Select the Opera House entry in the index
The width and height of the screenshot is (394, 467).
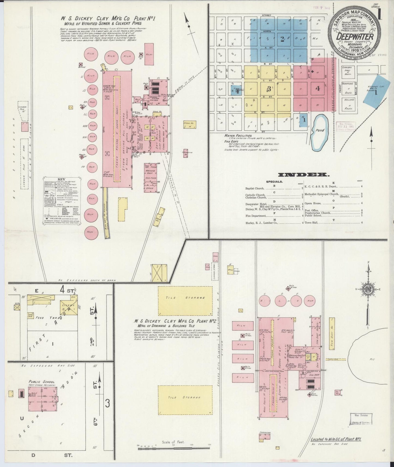point(314,203)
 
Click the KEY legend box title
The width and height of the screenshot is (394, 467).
point(62,180)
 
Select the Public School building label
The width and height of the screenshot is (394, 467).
point(42,382)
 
